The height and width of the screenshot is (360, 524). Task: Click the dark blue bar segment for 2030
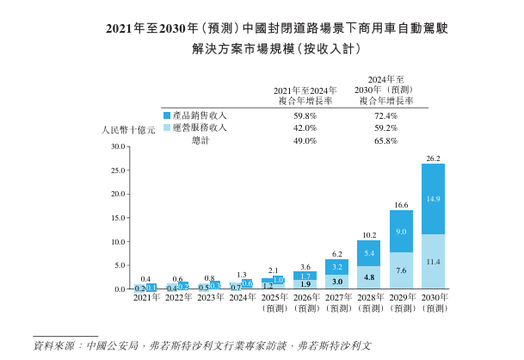[x=433, y=199]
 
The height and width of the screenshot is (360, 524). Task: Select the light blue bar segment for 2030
[x=433, y=261]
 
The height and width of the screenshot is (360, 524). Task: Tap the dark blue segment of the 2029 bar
[x=401, y=232]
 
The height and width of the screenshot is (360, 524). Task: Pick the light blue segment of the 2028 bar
[x=368, y=277]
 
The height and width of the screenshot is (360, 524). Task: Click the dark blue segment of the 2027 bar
[x=336, y=267]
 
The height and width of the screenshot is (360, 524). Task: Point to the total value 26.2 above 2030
[x=433, y=158]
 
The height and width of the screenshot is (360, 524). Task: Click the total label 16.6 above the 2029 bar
[x=401, y=205]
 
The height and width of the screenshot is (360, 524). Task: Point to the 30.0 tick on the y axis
[x=118, y=146]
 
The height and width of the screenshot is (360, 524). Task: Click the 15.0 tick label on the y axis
[x=118, y=218]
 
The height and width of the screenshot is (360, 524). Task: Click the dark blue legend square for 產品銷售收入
[x=166, y=115]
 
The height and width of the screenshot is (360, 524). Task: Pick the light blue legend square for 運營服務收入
[x=166, y=127]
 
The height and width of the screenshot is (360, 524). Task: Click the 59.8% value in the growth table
[x=305, y=115]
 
